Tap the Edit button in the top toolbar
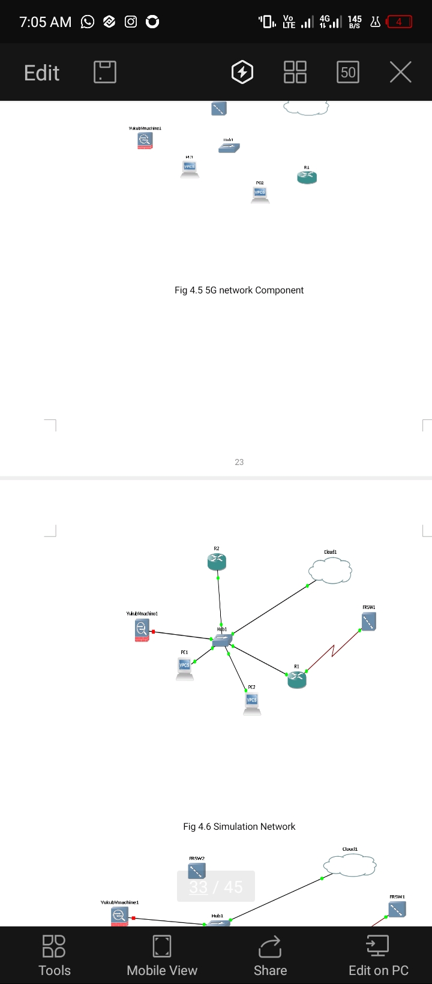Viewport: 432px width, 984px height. (x=41, y=73)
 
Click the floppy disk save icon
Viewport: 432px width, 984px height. (x=105, y=72)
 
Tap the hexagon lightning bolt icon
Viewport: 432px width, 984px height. (x=242, y=72)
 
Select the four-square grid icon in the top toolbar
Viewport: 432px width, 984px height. (x=295, y=72)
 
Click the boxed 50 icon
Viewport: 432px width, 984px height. (x=348, y=72)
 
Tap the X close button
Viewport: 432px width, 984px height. (x=400, y=72)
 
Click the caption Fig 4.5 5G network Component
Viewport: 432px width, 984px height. (x=239, y=290)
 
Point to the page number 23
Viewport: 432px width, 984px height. (x=239, y=462)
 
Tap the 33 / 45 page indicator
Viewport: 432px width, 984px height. (x=216, y=887)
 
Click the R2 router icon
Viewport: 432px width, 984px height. (x=217, y=562)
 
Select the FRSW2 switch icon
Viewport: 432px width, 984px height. (x=197, y=871)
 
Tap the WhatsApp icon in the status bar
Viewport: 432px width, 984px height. (x=88, y=22)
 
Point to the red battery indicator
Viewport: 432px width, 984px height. (x=399, y=22)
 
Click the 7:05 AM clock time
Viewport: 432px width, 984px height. (x=45, y=22)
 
